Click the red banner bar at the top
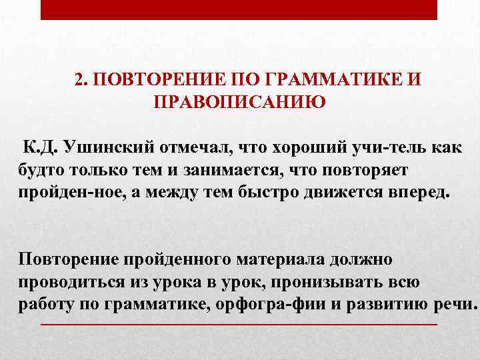click(x=239, y=9)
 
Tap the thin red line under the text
click(x=239, y=323)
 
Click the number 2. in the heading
click(x=81, y=81)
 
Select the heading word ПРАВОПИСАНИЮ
click(x=239, y=102)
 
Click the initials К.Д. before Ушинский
click(x=41, y=147)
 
